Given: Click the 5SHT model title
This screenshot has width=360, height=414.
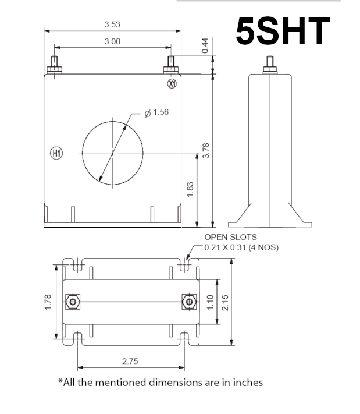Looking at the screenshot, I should pos(283,31).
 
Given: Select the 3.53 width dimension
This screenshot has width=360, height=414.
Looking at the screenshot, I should pos(112,24).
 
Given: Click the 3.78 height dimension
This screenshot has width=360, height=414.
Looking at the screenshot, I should pos(205,150).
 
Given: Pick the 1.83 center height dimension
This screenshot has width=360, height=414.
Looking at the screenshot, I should pos(190,189).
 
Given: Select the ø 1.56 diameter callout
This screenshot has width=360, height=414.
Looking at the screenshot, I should pos(155,112).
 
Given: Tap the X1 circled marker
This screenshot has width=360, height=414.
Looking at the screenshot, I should pos(172,84).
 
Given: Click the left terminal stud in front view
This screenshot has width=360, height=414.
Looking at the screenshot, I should pos(54,63).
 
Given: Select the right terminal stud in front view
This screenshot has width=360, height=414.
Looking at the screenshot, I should pos(172,63).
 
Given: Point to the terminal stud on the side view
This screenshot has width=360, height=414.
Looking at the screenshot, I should pos(270,63).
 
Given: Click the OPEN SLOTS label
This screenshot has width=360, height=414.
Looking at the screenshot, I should pos(230,238).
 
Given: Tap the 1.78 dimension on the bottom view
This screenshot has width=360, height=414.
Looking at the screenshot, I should pos(48,302).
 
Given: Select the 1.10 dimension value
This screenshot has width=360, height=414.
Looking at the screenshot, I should pos(211,302).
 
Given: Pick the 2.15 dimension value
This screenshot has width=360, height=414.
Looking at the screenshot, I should pos(225,302).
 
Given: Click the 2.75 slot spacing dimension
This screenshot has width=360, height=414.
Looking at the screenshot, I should pos(130,362).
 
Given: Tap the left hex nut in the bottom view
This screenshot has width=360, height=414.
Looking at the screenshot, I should pos(72,302).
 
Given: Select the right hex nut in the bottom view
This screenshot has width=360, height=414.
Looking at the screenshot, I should pos(188,302).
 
